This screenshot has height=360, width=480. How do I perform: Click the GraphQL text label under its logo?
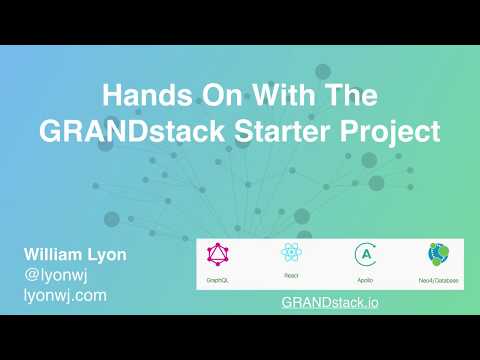click(x=220, y=282)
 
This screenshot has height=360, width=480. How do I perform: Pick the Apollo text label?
click(x=364, y=282)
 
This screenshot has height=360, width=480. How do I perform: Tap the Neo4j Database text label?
click(x=437, y=282)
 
